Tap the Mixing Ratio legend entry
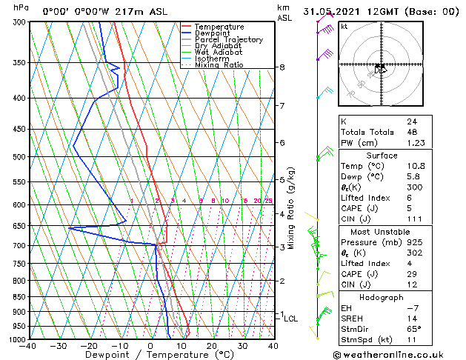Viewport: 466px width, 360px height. point(219,65)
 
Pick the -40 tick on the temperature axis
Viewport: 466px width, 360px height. point(28,346)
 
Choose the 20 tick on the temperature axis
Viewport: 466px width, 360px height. point(212,346)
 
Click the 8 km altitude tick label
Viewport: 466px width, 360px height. point(282,67)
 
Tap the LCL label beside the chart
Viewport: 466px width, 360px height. point(291,319)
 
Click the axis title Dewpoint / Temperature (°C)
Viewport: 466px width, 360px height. point(150,355)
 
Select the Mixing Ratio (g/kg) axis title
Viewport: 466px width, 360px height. point(291,208)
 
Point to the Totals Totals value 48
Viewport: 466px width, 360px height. point(411,132)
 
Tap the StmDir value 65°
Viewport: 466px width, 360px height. point(413,329)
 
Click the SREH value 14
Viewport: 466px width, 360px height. point(411,318)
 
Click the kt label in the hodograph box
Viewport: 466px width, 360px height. point(344,26)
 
